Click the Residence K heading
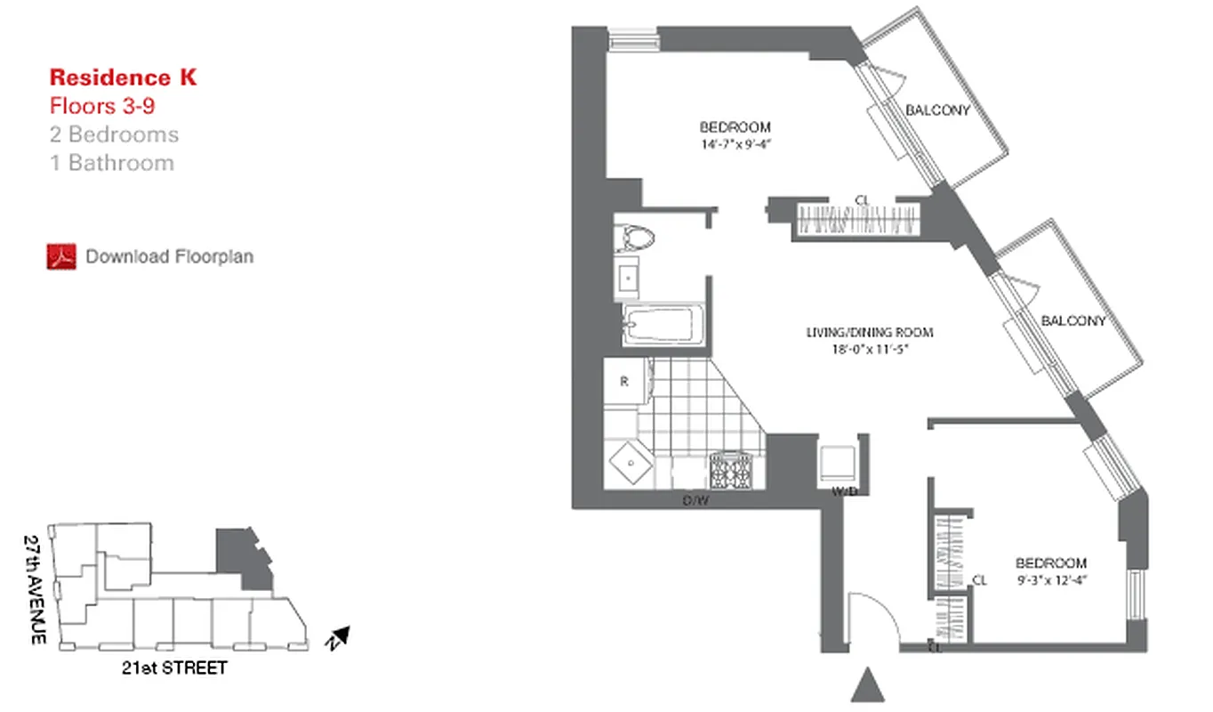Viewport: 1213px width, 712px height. pos(123,77)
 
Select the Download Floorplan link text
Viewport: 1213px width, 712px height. pos(169,256)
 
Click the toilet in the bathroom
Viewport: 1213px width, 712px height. pos(636,238)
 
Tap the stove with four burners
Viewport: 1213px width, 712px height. pos(730,471)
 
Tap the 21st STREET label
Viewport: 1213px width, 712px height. pos(174,667)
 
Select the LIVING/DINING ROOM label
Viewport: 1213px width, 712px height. pos(869,333)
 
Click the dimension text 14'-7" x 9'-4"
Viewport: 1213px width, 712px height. pos(735,143)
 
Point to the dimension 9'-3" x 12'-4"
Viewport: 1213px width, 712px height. pos(1051,579)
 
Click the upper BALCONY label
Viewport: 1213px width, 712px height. pos(936,110)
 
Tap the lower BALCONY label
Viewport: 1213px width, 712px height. pos(1073,321)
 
